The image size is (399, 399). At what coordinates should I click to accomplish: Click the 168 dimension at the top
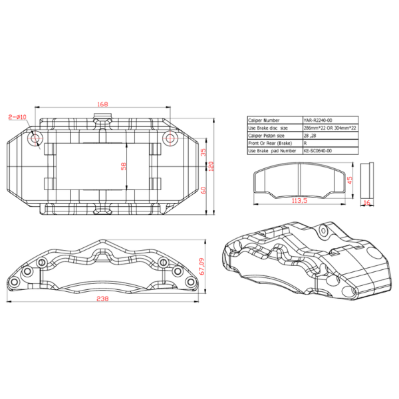tap(102, 104)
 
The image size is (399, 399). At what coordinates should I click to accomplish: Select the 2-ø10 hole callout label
tap(17, 118)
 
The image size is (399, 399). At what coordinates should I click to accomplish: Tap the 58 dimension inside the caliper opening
tap(123, 166)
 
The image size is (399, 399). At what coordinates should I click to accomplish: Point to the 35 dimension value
tap(204, 152)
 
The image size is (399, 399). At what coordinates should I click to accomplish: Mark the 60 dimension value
tap(204, 190)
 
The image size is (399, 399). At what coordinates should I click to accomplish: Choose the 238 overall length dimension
tap(102, 299)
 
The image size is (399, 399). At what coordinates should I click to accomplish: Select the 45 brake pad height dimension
tap(350, 179)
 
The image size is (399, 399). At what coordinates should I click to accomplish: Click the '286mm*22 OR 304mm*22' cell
tap(330, 128)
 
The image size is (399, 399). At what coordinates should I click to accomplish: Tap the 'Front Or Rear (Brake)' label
tap(269, 143)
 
